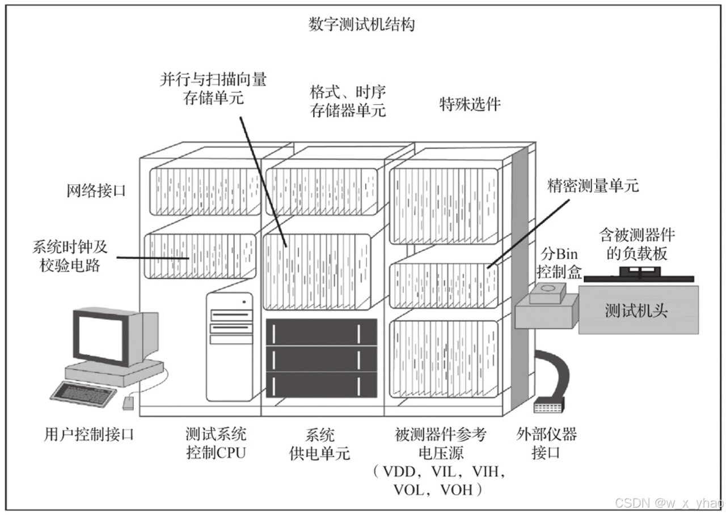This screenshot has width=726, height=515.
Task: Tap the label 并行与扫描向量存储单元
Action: click(213, 88)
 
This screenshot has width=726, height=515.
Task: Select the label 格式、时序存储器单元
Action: click(348, 100)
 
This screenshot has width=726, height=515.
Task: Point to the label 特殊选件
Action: click(471, 104)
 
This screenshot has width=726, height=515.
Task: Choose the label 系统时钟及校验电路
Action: click(70, 256)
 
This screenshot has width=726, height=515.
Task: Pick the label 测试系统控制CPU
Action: click(216, 444)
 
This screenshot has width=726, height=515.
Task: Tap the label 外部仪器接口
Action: click(546, 444)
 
